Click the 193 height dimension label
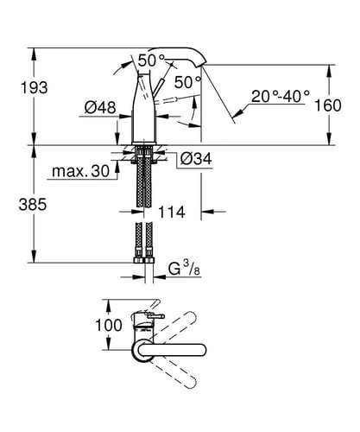tap(34, 87)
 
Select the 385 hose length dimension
tap(33, 205)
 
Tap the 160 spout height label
tap(328, 105)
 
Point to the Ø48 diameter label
tap(100, 108)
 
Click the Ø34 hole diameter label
tap(196, 158)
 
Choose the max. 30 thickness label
tap(81, 171)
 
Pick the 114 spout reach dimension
tap(172, 213)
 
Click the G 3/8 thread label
tap(184, 270)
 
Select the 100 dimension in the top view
tap(109, 326)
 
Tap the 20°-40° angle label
tap(281, 96)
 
